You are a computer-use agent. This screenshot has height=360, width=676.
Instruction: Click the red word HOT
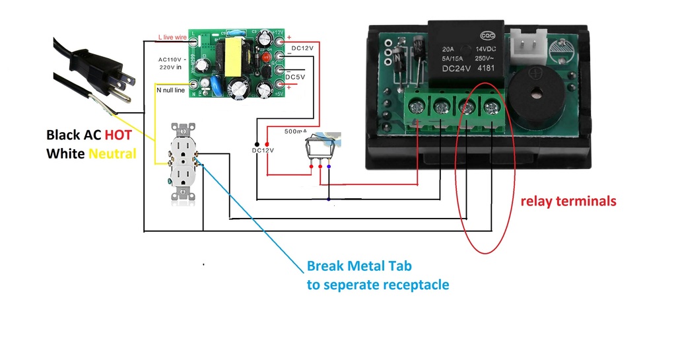point(117,135)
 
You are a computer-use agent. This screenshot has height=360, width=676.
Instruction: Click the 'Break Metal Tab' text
point(359,267)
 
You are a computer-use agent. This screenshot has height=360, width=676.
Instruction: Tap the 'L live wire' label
point(172,38)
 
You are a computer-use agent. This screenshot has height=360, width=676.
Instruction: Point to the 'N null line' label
point(170,90)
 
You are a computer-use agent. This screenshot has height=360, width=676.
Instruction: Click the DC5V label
point(295,77)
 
